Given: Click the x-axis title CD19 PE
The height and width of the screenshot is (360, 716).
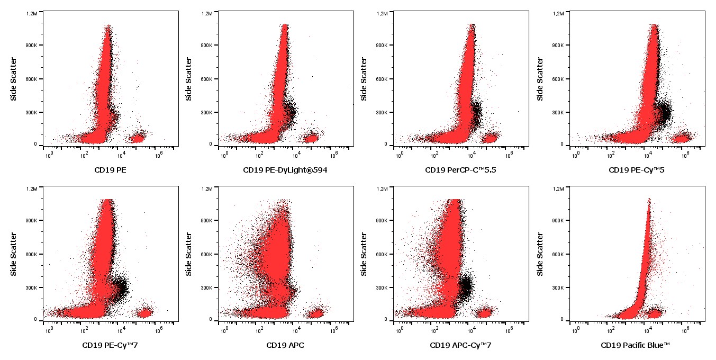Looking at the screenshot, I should tap(110, 170).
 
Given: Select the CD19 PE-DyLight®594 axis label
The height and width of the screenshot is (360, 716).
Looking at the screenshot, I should tap(286, 170).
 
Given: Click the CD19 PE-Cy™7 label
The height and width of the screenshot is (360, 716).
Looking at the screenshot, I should tap(110, 345).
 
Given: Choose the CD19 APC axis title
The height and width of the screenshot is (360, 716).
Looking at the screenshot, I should tap(285, 345).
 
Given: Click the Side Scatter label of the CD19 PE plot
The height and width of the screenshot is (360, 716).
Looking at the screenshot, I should tap(14, 79).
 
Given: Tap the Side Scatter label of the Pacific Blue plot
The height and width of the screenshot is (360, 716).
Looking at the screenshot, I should tap(540, 254).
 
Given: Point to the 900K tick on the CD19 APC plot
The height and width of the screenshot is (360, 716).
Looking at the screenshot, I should tap(206, 221).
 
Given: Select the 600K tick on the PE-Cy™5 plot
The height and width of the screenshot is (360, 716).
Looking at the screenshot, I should tap(557, 79).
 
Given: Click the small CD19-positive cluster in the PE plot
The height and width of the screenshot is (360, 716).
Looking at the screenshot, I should tap(138, 139).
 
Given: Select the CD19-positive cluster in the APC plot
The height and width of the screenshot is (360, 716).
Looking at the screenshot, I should tap(316, 313).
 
